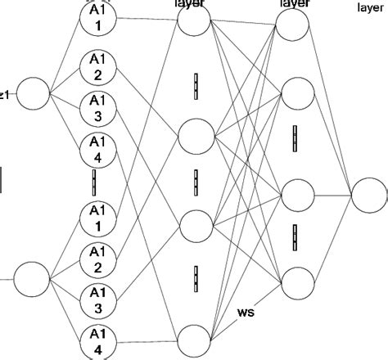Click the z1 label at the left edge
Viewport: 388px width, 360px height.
[4, 94]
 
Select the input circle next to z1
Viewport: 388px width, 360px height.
[34, 93]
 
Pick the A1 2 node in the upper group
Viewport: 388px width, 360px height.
[98, 68]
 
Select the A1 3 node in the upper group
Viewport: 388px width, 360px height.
[98, 110]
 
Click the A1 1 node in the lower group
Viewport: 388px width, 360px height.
[98, 218]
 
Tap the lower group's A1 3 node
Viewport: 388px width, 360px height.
[98, 299]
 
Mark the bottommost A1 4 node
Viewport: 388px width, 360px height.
[98, 340]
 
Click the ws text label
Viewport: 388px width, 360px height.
[246, 312]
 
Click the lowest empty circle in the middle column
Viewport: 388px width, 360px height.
[195, 340]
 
